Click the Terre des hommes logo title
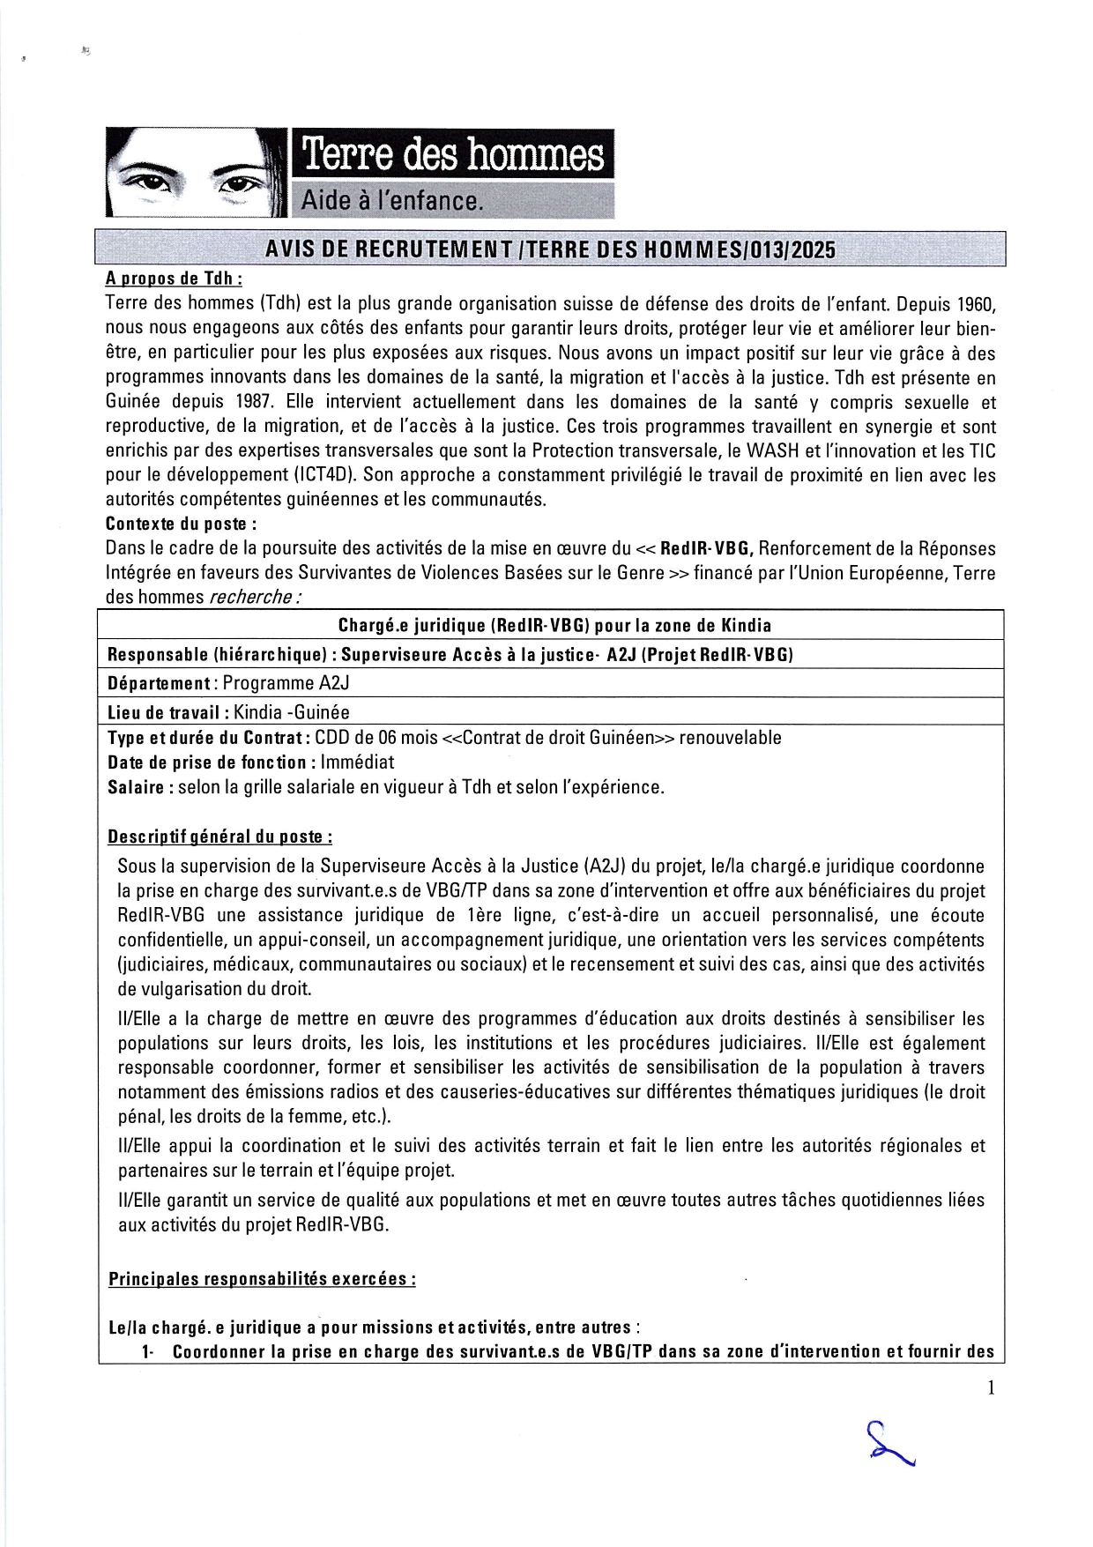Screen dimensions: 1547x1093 point(452,155)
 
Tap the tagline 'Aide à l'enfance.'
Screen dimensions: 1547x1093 point(392,201)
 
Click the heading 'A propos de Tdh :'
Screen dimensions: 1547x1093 point(173,279)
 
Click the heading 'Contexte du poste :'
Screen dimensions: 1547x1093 point(181,524)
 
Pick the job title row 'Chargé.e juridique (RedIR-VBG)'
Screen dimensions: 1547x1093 point(554,625)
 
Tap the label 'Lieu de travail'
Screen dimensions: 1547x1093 point(163,712)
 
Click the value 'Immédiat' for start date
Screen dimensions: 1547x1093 point(357,762)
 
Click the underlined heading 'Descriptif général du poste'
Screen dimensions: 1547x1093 point(219,837)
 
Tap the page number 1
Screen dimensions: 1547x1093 point(991,1388)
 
